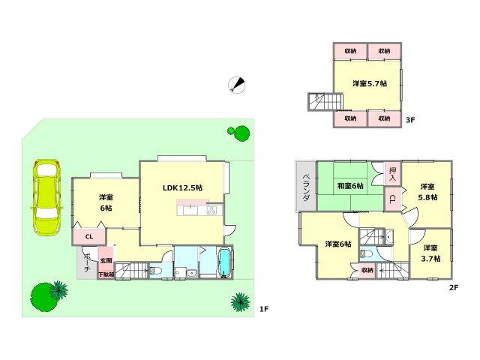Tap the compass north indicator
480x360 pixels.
(237, 85)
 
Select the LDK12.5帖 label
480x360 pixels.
(182, 187)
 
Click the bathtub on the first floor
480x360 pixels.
(225, 262)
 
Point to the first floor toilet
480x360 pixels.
(156, 270)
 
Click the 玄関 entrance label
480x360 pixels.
(106, 260)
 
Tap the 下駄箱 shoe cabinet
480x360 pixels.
(106, 274)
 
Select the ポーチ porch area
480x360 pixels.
(87, 262)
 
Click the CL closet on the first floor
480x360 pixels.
(89, 237)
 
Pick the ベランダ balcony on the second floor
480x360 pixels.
(306, 186)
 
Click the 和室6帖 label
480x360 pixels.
(350, 186)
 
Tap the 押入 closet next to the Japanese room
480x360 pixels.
(393, 173)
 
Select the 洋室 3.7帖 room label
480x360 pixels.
(430, 253)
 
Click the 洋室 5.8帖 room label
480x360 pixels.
(427, 192)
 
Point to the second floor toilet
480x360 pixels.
(366, 254)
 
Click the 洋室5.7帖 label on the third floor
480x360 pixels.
(370, 83)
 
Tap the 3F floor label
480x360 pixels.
(410, 120)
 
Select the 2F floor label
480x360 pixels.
(454, 287)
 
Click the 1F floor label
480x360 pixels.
(264, 309)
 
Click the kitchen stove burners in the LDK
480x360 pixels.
(211, 210)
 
